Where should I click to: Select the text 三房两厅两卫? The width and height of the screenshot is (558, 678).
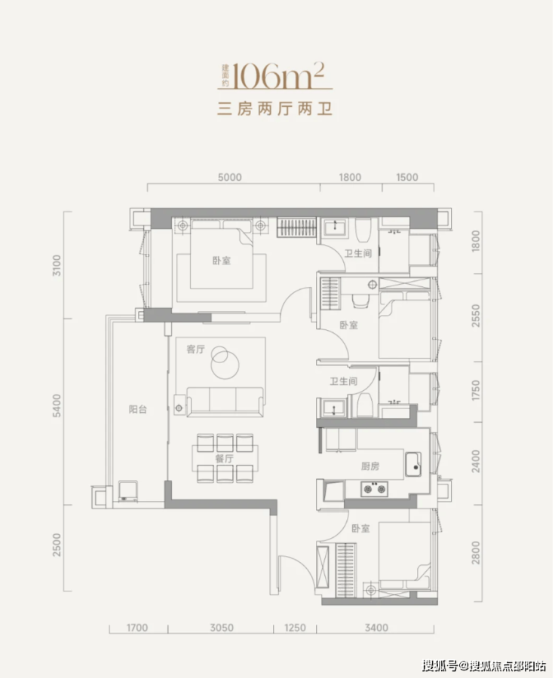[x=275, y=108]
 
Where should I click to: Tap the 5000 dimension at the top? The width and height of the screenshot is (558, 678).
[x=229, y=177]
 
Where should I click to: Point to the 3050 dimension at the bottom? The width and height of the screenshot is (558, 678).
[x=222, y=628]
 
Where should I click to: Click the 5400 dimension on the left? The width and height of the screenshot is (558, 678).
[x=57, y=405]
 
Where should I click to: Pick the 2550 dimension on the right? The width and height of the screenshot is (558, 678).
[x=476, y=316]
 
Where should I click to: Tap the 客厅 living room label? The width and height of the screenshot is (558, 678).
[x=195, y=349]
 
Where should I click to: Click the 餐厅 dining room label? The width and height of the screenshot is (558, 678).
[x=224, y=458]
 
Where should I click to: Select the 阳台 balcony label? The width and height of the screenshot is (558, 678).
[x=138, y=409]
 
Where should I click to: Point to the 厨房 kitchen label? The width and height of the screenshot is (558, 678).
[x=370, y=466]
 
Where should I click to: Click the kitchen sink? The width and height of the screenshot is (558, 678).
[x=413, y=464]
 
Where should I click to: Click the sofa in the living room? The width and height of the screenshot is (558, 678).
[x=225, y=402]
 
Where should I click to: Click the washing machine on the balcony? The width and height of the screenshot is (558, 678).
[x=128, y=491]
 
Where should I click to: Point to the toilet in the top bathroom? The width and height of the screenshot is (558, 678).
[x=363, y=229]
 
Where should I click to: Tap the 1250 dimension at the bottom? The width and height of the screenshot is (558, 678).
[x=295, y=628]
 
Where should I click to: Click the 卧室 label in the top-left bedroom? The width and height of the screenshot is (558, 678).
[x=221, y=261]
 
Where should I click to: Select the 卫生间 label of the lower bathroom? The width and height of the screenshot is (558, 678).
[x=344, y=381]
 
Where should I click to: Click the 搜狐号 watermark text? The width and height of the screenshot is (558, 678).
[x=440, y=665]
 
